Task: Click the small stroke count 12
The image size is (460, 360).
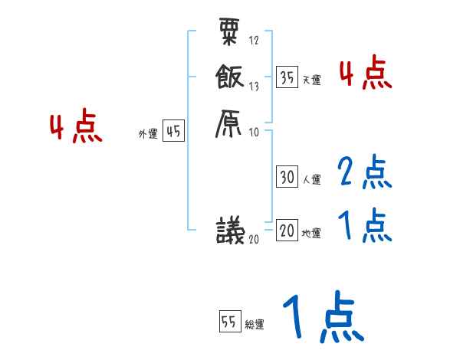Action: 254,41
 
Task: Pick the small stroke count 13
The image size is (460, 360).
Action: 254,87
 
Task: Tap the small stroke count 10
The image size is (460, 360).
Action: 254,132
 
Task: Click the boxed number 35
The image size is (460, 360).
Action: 287,77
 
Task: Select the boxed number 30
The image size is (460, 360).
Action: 287,178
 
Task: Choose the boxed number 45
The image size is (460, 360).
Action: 173,132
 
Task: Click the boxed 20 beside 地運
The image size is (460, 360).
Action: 287,231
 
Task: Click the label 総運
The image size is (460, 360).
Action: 255,325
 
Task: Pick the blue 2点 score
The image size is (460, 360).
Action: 364,173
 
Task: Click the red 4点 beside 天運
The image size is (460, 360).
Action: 365,74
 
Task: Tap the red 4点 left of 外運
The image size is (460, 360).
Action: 76,128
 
